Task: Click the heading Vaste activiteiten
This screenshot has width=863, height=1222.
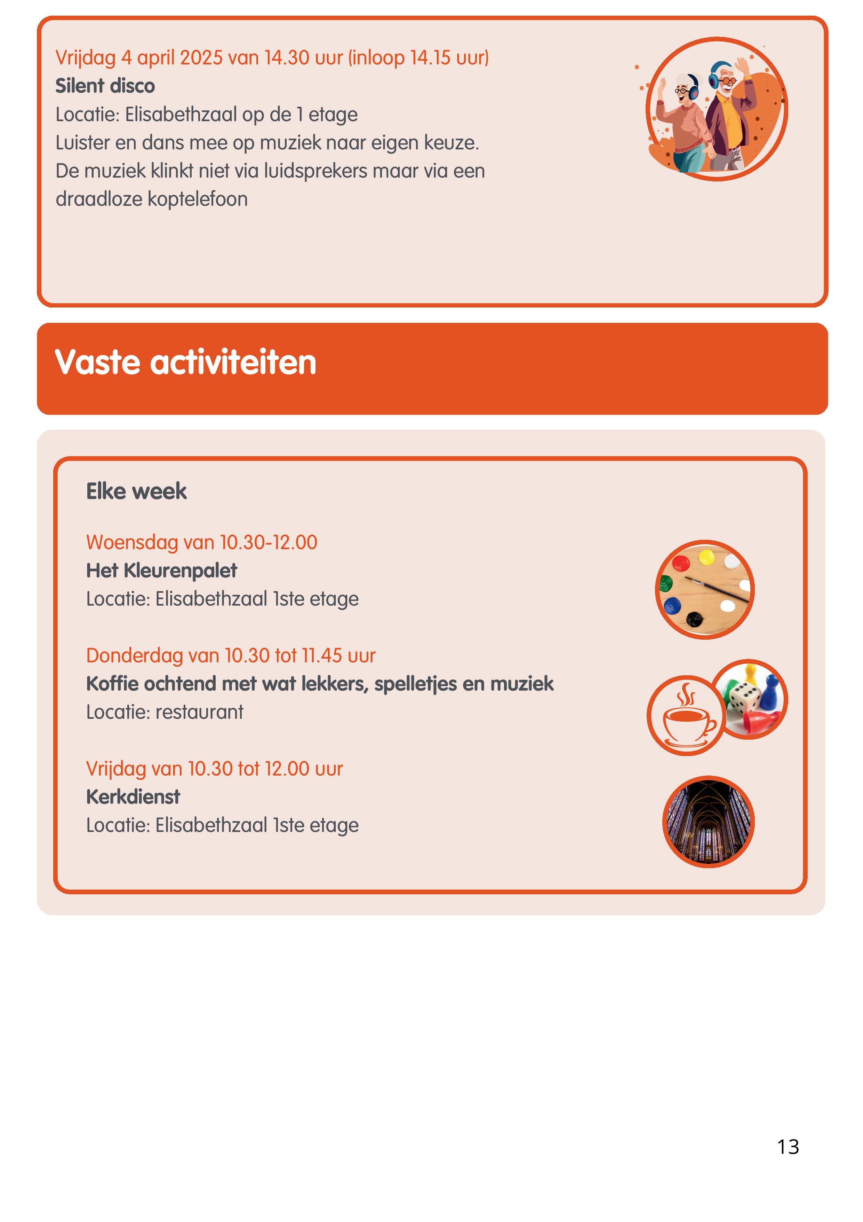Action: point(185,363)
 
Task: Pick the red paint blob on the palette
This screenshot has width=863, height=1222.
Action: point(681,563)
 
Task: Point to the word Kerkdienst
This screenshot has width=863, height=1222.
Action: point(133,797)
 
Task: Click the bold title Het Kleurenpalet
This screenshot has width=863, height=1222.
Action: point(162,570)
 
